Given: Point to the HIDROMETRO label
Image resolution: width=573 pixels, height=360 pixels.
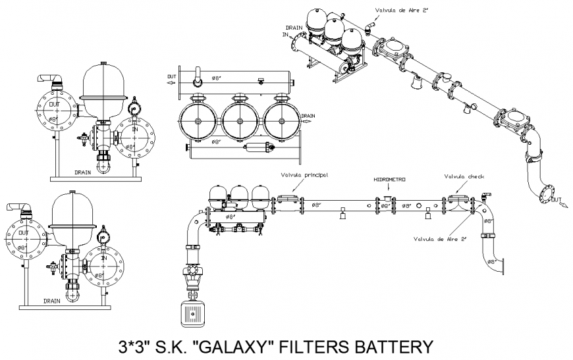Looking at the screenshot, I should tap(389, 179).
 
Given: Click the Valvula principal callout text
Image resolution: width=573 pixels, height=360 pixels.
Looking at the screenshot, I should tap(304, 175).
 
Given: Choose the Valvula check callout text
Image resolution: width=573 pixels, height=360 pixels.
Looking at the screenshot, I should tap(464, 176).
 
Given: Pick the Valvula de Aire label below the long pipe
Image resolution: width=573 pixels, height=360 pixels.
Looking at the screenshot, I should tap(439, 239).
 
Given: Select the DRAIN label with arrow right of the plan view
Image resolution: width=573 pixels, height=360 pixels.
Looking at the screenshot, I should tap(309, 116).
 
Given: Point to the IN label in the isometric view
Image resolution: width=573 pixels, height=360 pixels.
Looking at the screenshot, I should tap(286, 34).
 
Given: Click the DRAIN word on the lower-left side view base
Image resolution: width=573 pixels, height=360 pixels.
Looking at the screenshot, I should tap(53, 300).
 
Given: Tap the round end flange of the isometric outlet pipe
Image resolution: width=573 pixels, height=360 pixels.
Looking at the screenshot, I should tap(546, 194).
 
